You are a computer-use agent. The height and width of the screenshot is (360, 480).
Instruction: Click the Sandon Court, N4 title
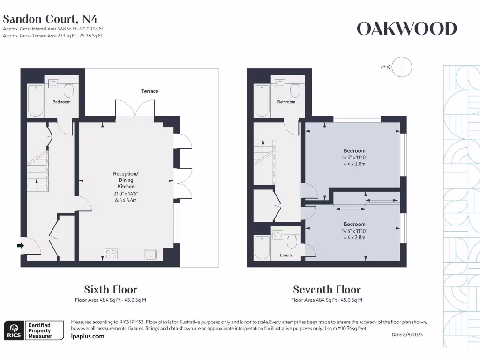coord(51,19)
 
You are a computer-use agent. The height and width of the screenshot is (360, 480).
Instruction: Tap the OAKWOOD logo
coord(406,29)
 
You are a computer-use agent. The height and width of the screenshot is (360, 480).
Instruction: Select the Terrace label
coord(150,91)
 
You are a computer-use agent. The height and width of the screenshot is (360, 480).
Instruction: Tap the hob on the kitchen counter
coord(112,254)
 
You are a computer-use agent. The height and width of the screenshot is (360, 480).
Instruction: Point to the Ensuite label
coord(286,255)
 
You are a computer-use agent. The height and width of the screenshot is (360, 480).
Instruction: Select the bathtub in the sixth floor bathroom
coord(36,100)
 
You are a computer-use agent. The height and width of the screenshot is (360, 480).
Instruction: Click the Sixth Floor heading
coord(111,289)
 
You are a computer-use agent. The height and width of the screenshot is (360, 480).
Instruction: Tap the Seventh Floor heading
coord(327,289)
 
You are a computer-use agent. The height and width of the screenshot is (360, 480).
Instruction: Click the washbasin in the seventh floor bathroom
coord(280,84)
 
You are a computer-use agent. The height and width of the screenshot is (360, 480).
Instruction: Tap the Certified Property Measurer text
coord(45,330)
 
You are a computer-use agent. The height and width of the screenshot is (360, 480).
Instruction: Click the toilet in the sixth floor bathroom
coord(68,90)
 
